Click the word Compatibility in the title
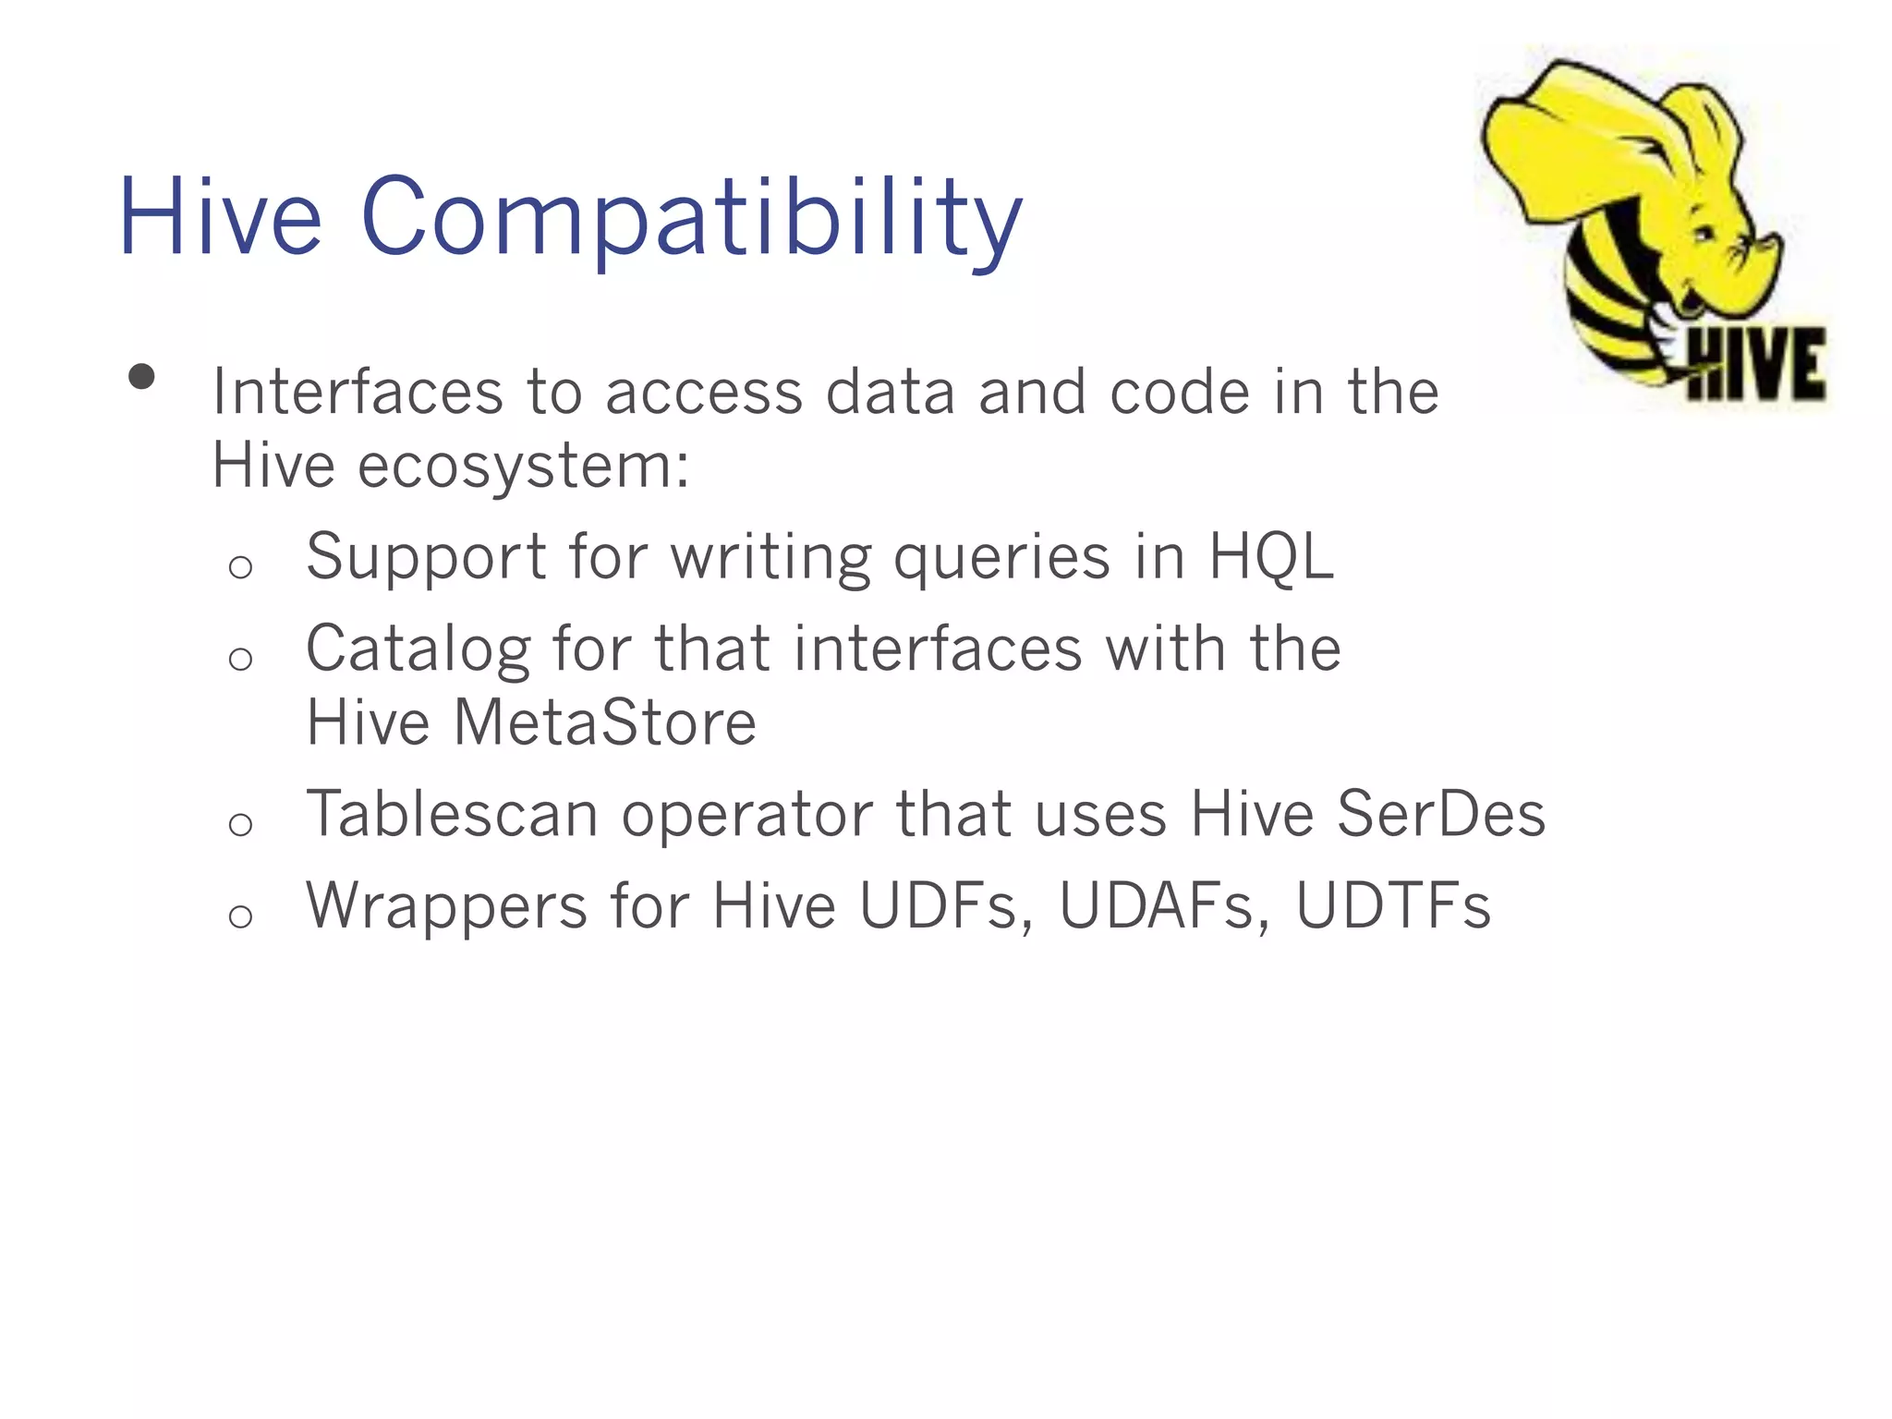click(692, 220)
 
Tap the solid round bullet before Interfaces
click(141, 377)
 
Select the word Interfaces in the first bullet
click(358, 392)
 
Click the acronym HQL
click(1270, 557)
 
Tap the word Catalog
click(418, 649)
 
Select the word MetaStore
click(605, 722)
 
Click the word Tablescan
click(452, 815)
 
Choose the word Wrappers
click(447, 906)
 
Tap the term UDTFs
click(1392, 906)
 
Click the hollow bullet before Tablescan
click(240, 823)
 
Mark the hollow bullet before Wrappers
click(240, 916)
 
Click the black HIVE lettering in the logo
click(1755, 366)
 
